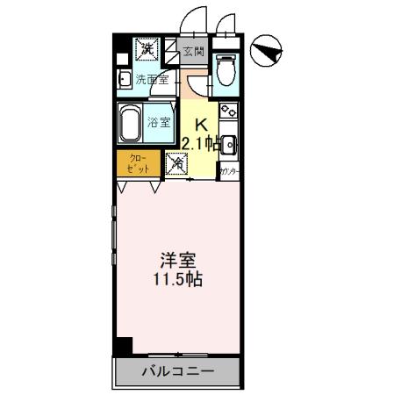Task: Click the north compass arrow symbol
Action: point(266,52)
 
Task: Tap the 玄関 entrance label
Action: point(193,52)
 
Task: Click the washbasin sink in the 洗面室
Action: point(125,79)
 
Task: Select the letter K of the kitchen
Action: point(200,124)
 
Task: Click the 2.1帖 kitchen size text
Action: point(200,142)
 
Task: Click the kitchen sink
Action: point(229,144)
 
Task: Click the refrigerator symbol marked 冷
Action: point(176,162)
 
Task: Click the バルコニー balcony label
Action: point(177,372)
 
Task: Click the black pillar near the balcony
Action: point(124,346)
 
